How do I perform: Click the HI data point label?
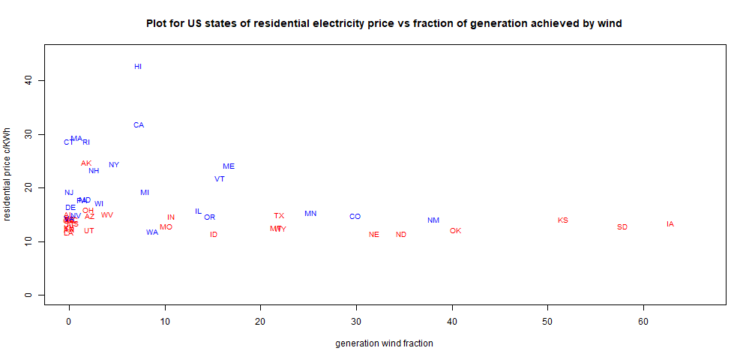click(x=138, y=67)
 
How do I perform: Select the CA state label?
click(x=139, y=125)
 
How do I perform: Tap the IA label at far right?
click(x=670, y=224)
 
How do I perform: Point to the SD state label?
click(x=622, y=227)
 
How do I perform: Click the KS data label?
click(x=563, y=220)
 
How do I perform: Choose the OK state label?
click(x=455, y=231)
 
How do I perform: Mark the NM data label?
click(x=433, y=220)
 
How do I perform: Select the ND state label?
click(x=401, y=235)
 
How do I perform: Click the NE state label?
click(x=374, y=235)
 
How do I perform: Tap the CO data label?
click(x=355, y=217)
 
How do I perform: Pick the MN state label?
click(x=310, y=214)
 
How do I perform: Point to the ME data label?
click(x=229, y=166)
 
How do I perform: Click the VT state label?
click(x=220, y=179)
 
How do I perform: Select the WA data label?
click(x=152, y=232)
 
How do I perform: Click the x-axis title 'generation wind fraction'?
click(x=384, y=343)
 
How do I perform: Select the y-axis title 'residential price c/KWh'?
click(x=8, y=175)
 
